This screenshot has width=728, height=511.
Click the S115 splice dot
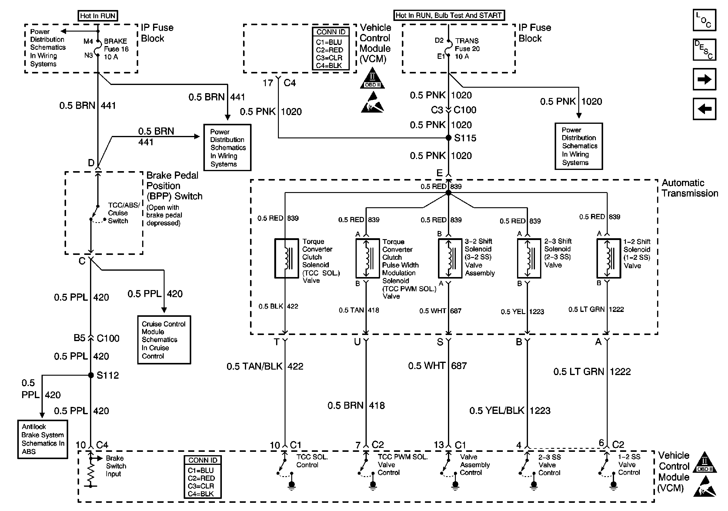click(x=448, y=138)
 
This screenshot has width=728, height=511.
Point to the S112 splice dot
click(x=91, y=375)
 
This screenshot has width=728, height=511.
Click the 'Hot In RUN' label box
click(x=98, y=16)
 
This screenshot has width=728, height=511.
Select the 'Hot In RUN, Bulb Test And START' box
click(x=449, y=15)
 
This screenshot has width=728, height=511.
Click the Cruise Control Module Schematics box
click(x=164, y=340)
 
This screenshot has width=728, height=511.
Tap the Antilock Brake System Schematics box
click(x=42, y=439)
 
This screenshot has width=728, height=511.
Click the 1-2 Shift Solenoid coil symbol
click(x=609, y=258)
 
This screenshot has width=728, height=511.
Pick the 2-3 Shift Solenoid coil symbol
click(x=529, y=258)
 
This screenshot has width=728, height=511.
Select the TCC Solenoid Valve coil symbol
click(x=286, y=258)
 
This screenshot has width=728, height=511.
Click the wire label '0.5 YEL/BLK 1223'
click(x=509, y=410)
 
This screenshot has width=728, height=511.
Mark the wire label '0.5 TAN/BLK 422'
click(x=265, y=366)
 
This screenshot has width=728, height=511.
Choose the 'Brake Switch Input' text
click(x=116, y=466)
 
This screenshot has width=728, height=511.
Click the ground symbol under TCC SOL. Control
click(x=291, y=486)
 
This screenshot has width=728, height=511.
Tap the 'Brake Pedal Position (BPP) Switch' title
click(x=174, y=186)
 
